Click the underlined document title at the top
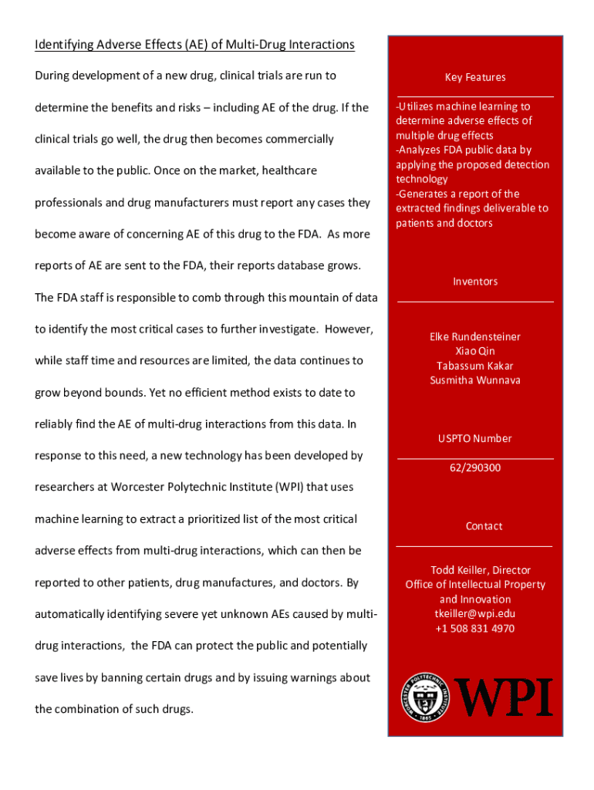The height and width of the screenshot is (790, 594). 194,45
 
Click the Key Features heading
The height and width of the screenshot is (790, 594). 475,77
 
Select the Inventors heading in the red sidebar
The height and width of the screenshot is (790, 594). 475,282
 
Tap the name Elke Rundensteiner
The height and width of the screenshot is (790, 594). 475,336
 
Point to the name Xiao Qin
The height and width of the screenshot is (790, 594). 475,351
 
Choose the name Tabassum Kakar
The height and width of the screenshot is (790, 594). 475,366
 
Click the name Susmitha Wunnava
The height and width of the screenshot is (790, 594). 475,380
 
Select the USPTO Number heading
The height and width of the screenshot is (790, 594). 475,438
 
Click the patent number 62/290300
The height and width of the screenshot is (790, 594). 475,468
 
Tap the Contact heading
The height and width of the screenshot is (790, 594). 484,526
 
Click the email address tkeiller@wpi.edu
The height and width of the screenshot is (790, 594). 475,613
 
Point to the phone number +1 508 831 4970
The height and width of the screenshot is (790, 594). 475,628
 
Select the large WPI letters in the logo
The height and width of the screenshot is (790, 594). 505,697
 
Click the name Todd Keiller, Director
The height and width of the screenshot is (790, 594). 475,570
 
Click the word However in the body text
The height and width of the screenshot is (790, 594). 349,329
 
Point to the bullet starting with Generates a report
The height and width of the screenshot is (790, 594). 472,208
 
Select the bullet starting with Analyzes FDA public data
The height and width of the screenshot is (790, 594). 472,164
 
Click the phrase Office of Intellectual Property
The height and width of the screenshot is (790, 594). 475,585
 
